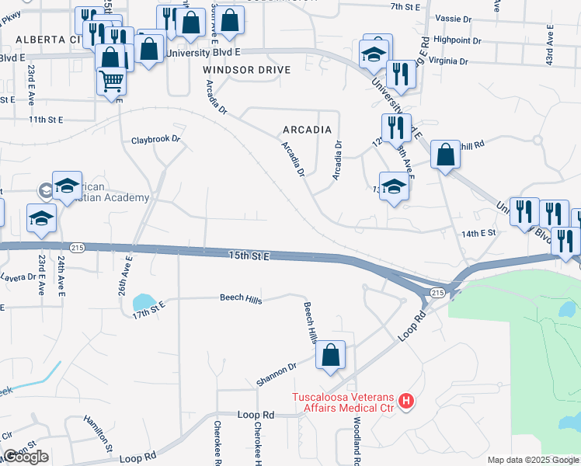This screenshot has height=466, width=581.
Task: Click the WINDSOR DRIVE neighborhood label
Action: click(x=247, y=70)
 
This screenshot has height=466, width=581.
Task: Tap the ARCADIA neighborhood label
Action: click(x=308, y=130)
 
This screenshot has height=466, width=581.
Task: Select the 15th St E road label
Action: click(x=249, y=255)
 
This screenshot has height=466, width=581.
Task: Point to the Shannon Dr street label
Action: click(x=277, y=374)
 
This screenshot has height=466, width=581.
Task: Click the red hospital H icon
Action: click(x=405, y=402)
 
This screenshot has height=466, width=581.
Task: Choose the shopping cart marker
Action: click(x=112, y=80)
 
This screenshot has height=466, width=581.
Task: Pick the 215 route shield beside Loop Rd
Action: click(x=436, y=293)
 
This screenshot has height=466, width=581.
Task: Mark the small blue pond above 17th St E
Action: click(x=144, y=301)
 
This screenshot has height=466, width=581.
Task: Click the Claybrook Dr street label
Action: click(x=155, y=140)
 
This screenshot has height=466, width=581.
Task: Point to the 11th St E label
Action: click(x=45, y=120)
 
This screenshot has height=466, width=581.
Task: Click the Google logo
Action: click(x=26, y=457)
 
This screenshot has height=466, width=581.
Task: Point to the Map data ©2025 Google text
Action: click(x=532, y=460)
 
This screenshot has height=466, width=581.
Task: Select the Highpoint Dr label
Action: click(x=458, y=40)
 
